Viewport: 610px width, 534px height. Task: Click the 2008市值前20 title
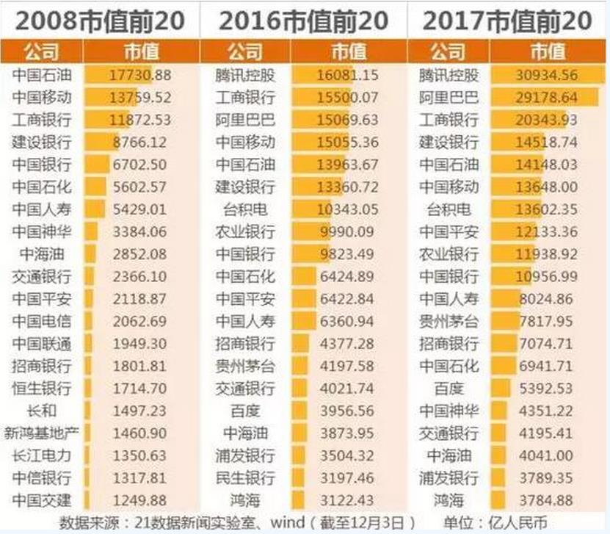click(x=101, y=20)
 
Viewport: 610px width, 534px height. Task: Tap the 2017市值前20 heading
click(x=509, y=20)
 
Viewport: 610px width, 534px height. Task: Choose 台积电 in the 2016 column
click(x=245, y=209)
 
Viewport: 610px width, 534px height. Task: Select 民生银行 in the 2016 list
click(x=245, y=478)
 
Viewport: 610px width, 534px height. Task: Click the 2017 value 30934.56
click(x=548, y=75)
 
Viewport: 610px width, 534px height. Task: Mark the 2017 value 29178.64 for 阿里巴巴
click(x=548, y=98)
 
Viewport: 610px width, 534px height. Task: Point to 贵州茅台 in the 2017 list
click(x=449, y=322)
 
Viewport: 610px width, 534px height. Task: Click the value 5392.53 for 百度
click(x=548, y=389)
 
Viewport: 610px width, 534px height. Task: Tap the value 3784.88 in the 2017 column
click(x=548, y=501)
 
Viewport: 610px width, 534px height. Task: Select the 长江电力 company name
click(x=42, y=456)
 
